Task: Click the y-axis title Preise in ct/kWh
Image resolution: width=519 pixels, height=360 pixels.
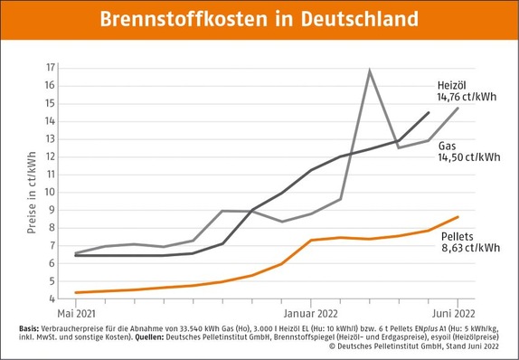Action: click(32, 183)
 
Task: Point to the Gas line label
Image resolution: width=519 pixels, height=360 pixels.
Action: click(448, 144)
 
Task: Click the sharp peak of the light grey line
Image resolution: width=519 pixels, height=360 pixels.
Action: click(369, 71)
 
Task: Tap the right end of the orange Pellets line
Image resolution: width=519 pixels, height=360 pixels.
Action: click(458, 217)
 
